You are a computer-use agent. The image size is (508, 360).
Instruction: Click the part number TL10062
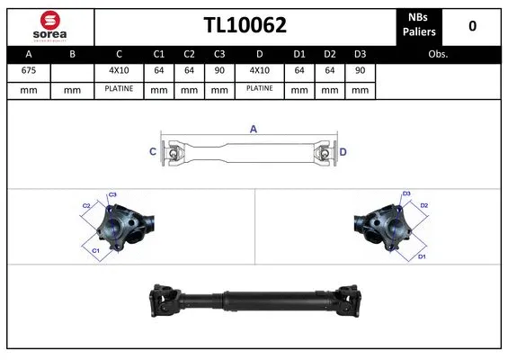click(245, 25)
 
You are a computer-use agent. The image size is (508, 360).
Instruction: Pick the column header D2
click(330, 53)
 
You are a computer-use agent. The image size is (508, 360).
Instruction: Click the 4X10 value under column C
click(119, 70)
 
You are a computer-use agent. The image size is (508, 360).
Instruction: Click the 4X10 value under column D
click(259, 70)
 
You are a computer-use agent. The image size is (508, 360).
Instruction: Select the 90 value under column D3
click(360, 70)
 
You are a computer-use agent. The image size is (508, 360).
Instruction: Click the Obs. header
click(438, 53)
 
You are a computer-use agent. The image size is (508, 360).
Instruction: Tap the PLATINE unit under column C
click(119, 89)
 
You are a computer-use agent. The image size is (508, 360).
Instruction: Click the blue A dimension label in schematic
click(254, 130)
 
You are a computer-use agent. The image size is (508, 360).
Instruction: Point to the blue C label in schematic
click(152, 151)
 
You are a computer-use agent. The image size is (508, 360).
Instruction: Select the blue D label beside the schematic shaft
click(343, 151)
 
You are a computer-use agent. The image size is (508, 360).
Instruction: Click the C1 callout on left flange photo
click(96, 250)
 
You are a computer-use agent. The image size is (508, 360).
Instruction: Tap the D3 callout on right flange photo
click(406, 193)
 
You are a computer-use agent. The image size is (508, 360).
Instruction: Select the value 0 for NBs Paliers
click(472, 25)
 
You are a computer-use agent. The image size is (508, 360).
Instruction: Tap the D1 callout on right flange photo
click(420, 256)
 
